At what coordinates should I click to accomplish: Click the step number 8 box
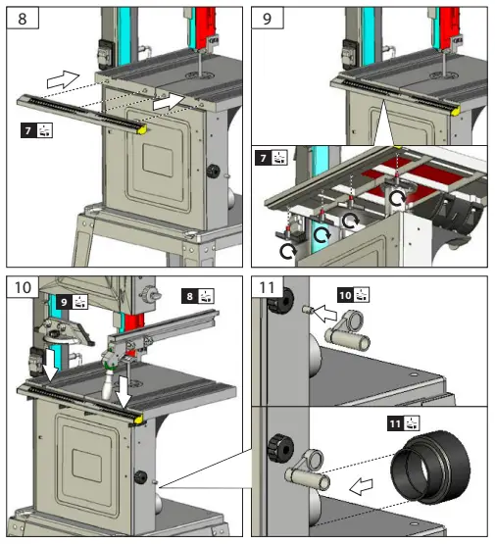[23, 18]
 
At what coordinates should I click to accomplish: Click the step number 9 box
[268, 18]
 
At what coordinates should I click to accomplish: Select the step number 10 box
[23, 287]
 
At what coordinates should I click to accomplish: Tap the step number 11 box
[268, 287]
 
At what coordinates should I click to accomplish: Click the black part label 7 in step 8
[28, 130]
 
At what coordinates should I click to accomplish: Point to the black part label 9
[64, 302]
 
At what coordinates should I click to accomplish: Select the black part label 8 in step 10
[189, 296]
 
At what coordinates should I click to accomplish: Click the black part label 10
[345, 295]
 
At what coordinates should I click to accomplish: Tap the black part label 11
[395, 423]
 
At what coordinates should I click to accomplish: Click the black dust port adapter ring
[430, 467]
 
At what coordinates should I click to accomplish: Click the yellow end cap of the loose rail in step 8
[142, 129]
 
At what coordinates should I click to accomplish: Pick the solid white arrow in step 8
[169, 102]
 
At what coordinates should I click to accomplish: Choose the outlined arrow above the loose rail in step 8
[63, 79]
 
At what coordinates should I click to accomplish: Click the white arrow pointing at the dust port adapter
[361, 486]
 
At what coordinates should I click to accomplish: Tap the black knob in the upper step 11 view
[280, 300]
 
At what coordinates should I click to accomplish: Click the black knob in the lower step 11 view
[280, 448]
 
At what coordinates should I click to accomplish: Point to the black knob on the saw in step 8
[214, 171]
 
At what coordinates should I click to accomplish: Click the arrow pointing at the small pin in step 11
[325, 313]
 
